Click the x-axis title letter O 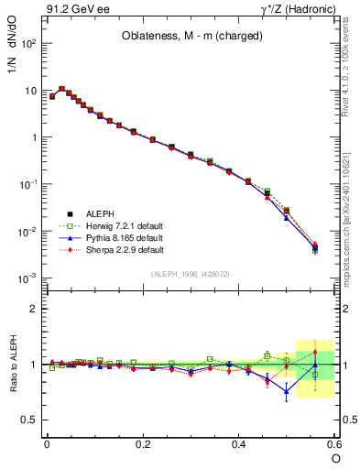335,458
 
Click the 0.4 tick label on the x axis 239,444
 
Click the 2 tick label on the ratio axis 34,309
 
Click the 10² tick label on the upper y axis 27,44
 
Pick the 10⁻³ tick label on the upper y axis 27,278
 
